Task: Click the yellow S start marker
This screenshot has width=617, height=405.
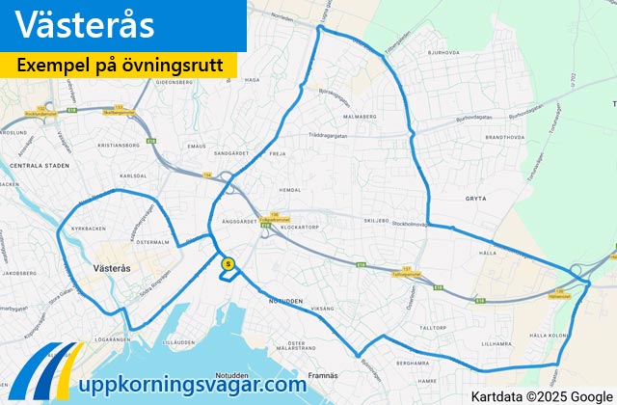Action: coord(228,262)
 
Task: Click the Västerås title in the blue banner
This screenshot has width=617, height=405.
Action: coord(86,26)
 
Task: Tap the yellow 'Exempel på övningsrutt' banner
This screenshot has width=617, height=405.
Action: coord(125,66)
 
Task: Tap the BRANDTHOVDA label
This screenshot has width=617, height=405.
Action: coord(503,138)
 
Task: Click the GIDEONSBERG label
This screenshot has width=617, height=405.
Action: coord(188,83)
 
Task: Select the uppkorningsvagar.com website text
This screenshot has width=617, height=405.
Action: coord(193,384)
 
